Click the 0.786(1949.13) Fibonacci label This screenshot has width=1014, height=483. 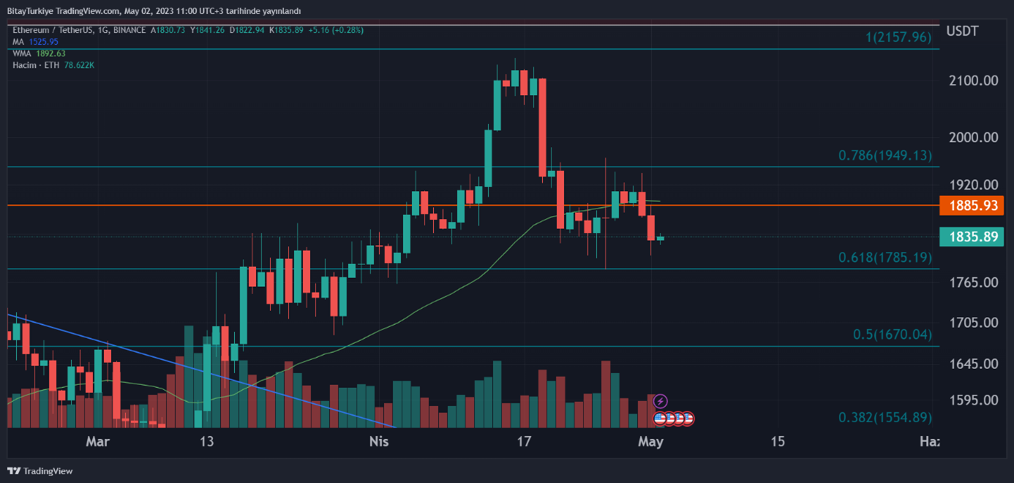point(885,155)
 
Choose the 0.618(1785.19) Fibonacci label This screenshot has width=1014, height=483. point(885,258)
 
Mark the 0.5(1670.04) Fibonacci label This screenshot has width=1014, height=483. point(893,334)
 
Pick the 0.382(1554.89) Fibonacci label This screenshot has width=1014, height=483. point(885,417)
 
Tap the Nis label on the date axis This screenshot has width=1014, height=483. point(379,441)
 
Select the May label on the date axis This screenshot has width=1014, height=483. point(650,441)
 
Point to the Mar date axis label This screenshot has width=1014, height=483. point(97,441)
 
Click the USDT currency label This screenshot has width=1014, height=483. point(962,31)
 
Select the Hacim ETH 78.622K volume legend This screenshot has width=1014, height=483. point(53,65)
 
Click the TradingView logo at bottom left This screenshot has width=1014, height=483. point(40,471)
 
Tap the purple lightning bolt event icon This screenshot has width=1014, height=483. point(661,401)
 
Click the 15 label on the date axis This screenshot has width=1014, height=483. point(778,441)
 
